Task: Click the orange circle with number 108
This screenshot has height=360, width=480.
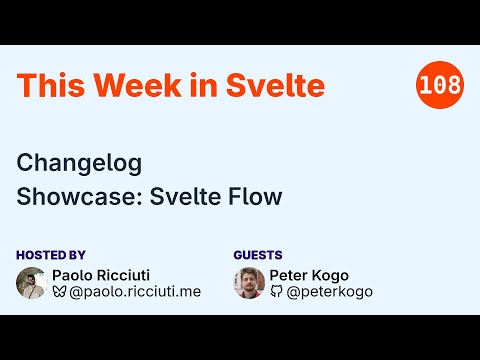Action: pyautogui.click(x=438, y=85)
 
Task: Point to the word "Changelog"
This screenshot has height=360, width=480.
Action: pyautogui.click(x=80, y=163)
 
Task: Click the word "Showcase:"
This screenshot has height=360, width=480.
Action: pyautogui.click(x=79, y=197)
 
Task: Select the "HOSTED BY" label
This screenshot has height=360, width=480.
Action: pyautogui.click(x=51, y=255)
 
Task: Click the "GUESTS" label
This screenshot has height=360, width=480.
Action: pyautogui.click(x=258, y=255)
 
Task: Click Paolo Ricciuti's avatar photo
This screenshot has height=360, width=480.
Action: pyautogui.click(x=32, y=283)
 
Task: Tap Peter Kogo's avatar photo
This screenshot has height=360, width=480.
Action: pyautogui.click(x=249, y=283)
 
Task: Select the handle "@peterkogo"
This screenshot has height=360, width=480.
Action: pyautogui.click(x=331, y=292)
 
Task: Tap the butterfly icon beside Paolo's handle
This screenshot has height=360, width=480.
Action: pyautogui.click(x=59, y=292)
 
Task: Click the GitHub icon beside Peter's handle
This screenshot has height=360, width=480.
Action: pyautogui.click(x=276, y=292)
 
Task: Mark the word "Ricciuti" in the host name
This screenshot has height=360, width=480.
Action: pyautogui.click(x=127, y=275)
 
